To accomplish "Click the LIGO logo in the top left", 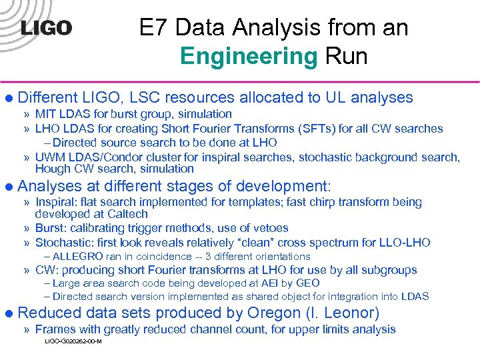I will pos(46,28).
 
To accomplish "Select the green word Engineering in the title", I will pos(249,56).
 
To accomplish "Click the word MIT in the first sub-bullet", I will pos(45,115).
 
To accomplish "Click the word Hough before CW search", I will pos(51,169).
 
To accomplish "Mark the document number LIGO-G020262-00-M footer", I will pos(73,341).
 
